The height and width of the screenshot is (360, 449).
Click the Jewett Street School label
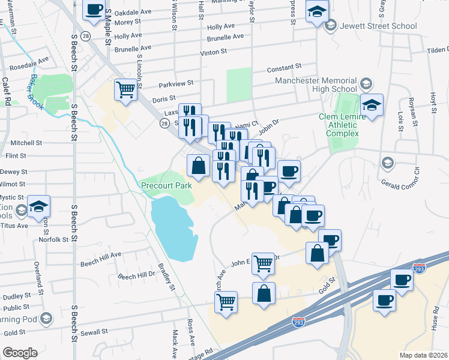[x=376, y=26]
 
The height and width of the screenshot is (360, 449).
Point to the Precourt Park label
[x=166, y=186]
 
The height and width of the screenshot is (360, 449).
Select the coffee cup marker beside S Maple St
[x=94, y=10]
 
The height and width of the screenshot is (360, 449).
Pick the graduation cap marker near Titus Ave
[x=38, y=206]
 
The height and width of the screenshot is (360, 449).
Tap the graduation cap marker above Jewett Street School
[x=317, y=11]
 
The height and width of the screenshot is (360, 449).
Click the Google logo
[x=20, y=352]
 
